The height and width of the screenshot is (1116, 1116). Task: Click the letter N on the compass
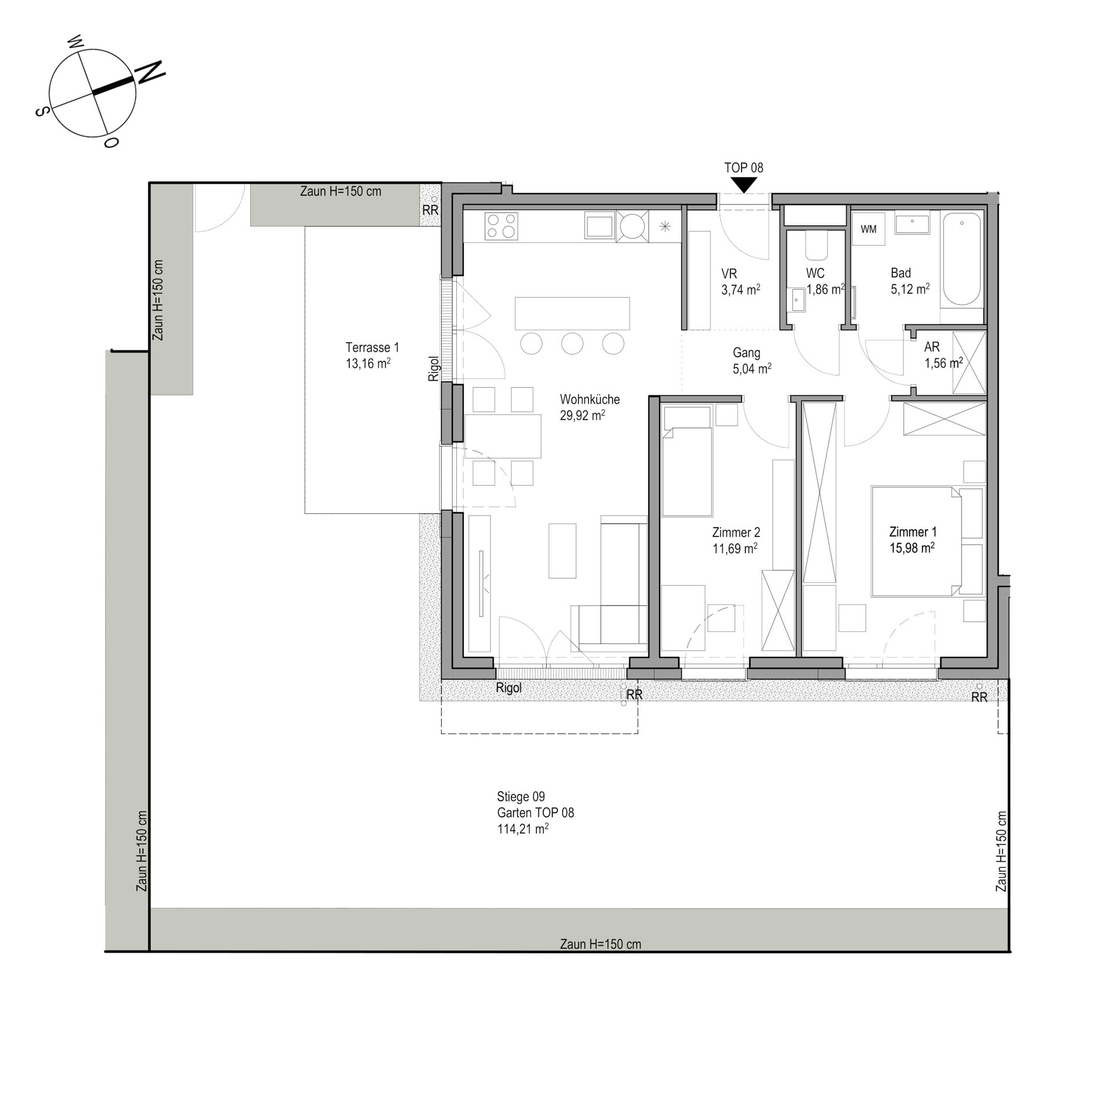(150, 71)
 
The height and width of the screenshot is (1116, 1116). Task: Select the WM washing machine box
(868, 229)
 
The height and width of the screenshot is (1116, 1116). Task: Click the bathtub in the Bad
(961, 259)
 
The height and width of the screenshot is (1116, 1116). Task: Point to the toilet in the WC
(816, 245)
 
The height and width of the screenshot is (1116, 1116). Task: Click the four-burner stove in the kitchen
(501, 226)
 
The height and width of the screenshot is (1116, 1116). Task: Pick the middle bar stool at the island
(572, 344)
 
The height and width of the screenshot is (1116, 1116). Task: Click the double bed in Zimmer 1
(915, 541)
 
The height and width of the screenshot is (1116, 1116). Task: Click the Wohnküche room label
(589, 399)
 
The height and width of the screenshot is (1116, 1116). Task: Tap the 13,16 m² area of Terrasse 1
(368, 364)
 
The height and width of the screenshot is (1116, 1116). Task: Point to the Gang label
(746, 353)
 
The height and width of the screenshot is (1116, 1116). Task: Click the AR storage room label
(932, 347)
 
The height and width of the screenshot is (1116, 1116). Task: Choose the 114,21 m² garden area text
(523, 829)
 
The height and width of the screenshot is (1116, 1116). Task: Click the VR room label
(729, 274)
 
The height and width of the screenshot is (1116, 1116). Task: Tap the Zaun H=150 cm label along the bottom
(600, 945)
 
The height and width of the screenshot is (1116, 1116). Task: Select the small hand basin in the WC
(796, 300)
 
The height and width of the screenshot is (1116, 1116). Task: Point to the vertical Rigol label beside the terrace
(434, 369)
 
